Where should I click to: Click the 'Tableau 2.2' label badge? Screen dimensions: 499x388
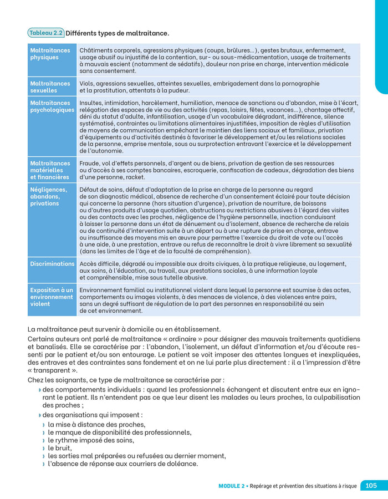(46, 33)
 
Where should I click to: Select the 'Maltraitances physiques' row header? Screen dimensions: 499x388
(50, 54)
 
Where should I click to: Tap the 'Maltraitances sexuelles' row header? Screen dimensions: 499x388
(50, 87)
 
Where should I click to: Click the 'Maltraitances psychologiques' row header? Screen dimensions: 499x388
(52, 106)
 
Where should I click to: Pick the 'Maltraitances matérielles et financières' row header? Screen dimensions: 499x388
(50, 170)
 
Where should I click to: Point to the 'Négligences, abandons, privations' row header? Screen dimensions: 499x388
(49, 196)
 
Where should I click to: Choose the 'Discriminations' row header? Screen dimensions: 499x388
(52, 264)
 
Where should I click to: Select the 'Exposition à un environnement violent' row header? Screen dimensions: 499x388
(52, 297)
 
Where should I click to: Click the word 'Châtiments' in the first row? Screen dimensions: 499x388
(98, 50)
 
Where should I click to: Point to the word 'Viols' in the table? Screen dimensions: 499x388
(87, 84)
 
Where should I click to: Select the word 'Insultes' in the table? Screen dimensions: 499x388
(92, 103)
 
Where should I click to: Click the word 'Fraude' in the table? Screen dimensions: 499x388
(90, 164)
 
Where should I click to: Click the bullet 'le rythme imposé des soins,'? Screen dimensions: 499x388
(91, 440)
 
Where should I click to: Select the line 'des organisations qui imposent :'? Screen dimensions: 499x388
(93, 414)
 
